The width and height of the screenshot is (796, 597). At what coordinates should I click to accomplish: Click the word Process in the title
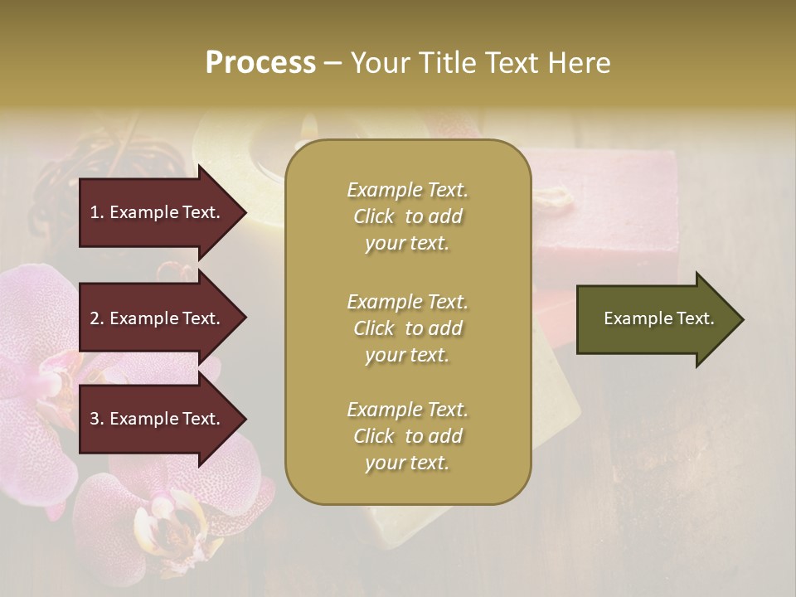(x=260, y=63)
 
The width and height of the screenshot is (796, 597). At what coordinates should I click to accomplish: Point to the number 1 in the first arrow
(x=95, y=212)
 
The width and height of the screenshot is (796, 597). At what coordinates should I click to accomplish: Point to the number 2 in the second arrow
(x=95, y=318)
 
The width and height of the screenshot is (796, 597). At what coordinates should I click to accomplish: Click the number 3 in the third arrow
(x=95, y=420)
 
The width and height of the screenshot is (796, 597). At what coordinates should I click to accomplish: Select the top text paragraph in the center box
(x=407, y=216)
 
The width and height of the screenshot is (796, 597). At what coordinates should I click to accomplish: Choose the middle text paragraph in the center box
(x=407, y=328)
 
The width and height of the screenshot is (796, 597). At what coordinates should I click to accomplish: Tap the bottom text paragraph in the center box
(x=407, y=436)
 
